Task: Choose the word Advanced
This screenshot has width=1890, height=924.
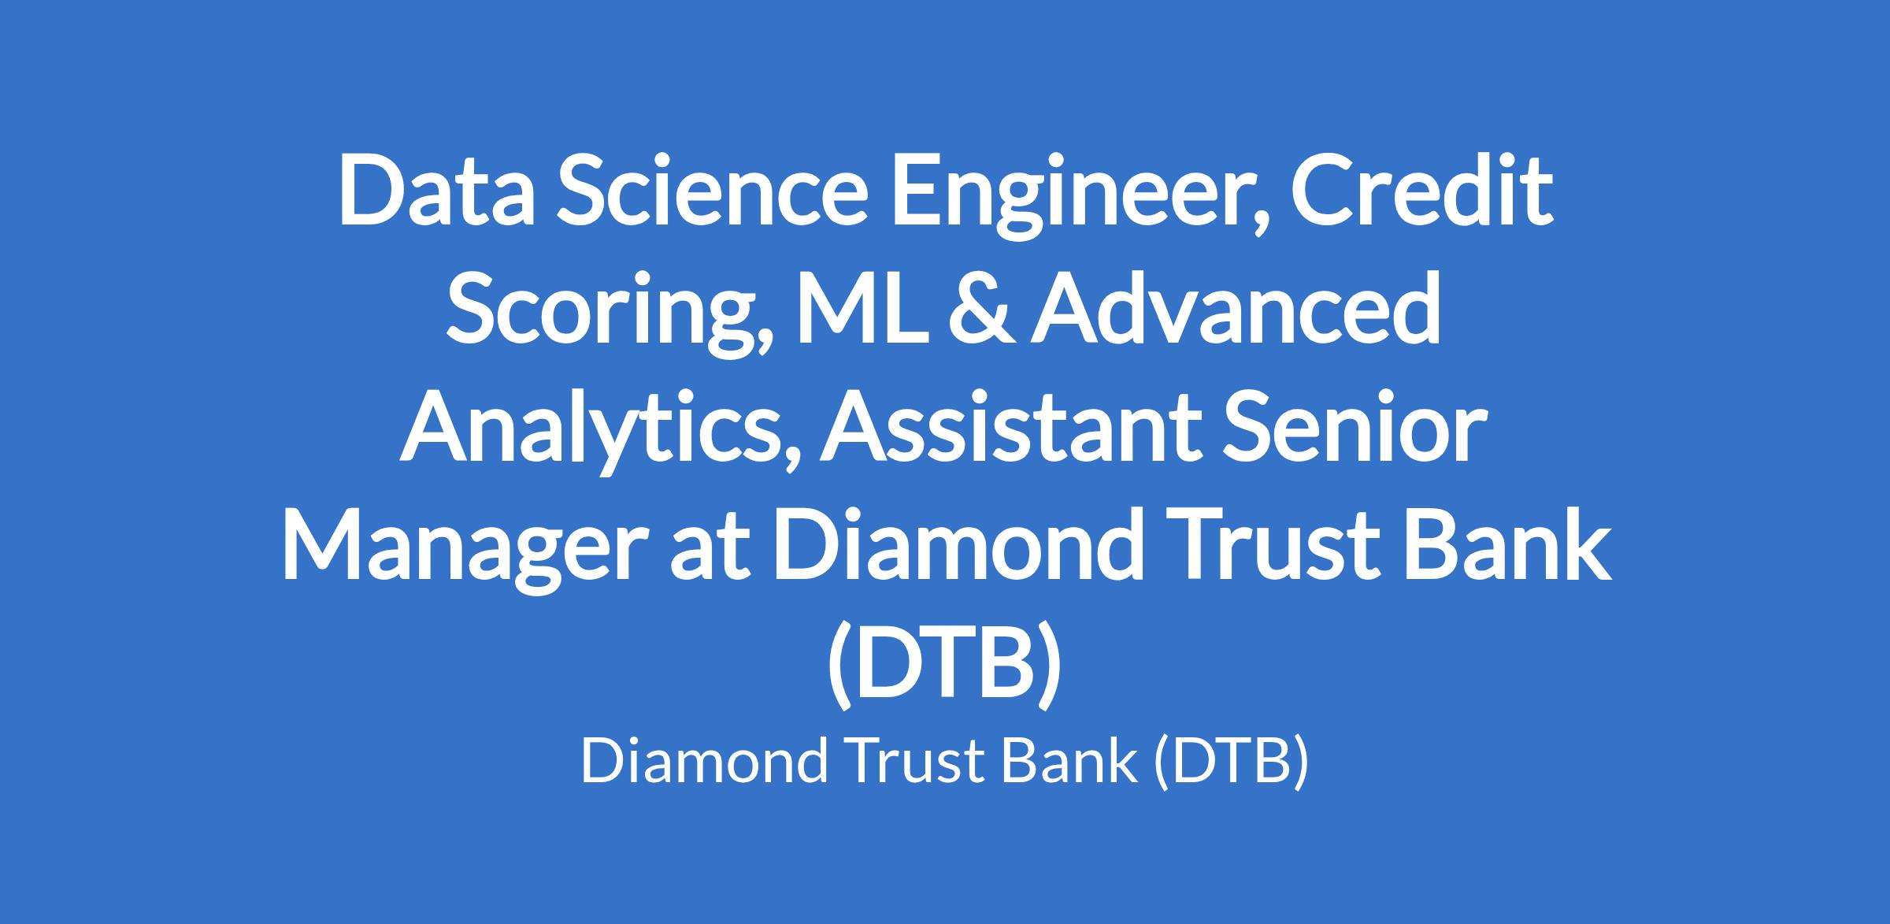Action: [1237, 310]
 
